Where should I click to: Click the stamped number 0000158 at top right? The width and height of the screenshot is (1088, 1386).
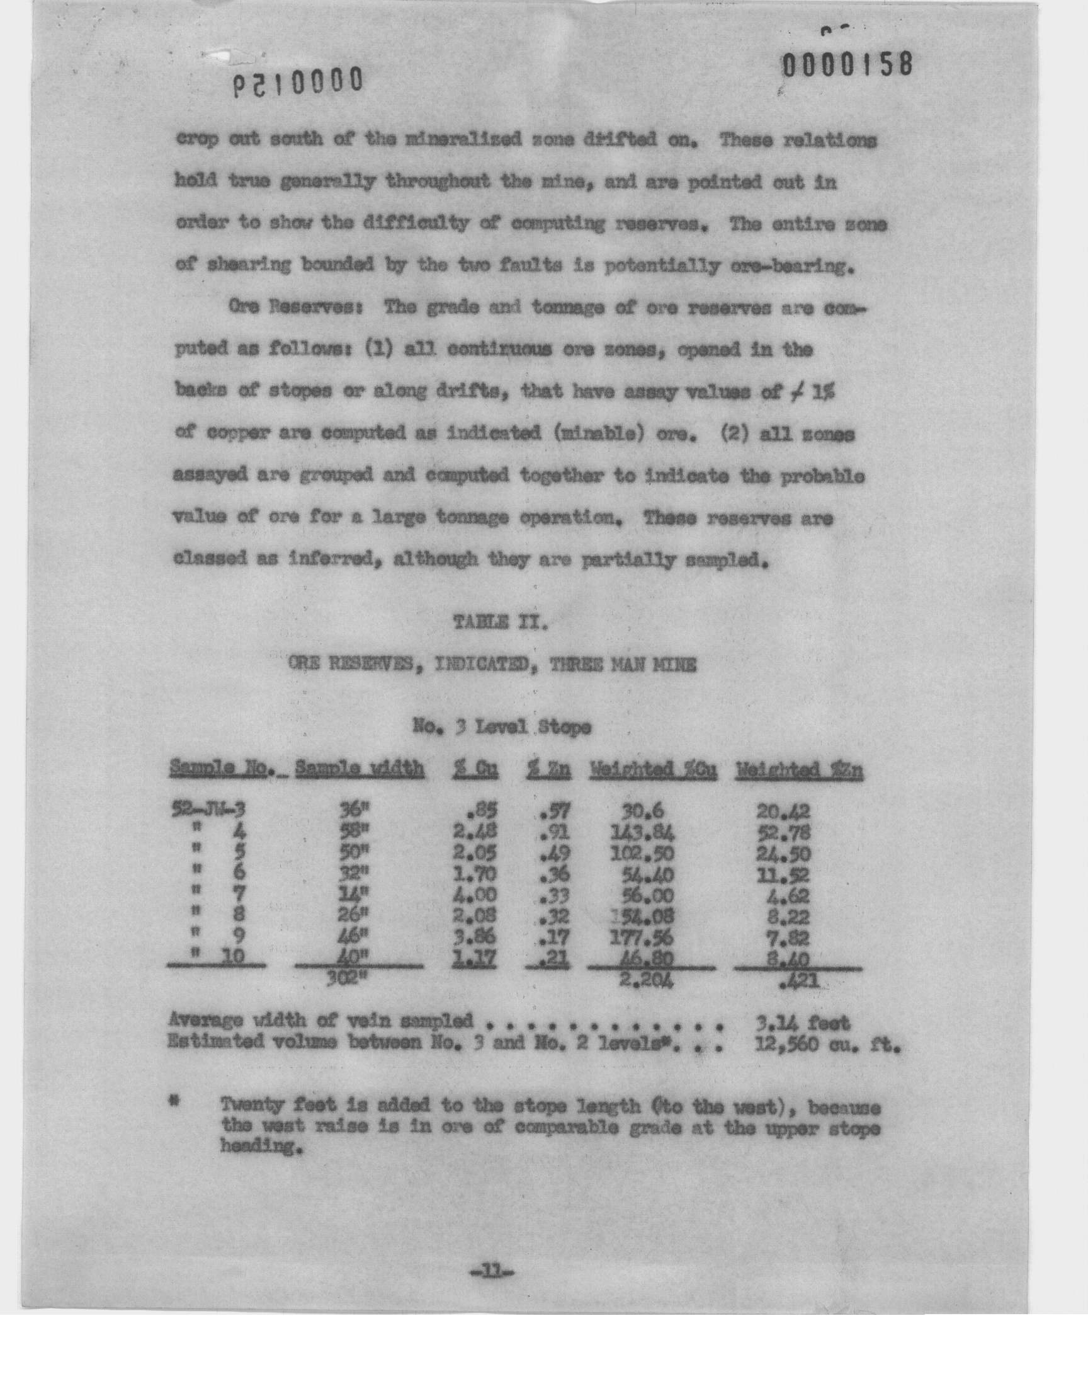pos(848,65)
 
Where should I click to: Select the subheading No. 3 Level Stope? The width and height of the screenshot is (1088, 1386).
pos(501,727)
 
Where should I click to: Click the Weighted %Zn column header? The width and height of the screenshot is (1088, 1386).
pos(799,771)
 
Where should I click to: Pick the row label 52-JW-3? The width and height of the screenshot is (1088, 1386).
pos(208,811)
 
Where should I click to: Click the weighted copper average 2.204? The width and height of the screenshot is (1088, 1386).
pos(645,980)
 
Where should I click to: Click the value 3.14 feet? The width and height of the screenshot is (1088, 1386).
pos(801,1023)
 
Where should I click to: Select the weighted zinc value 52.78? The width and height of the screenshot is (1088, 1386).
pos(783,832)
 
